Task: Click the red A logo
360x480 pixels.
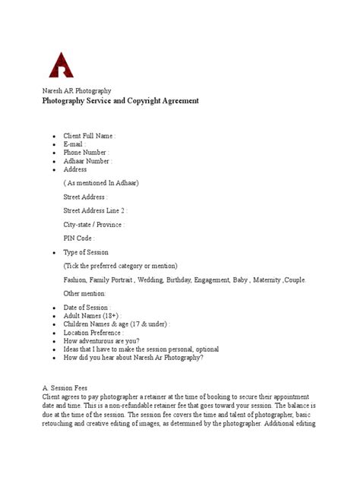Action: tap(62, 65)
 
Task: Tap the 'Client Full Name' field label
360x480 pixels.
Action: tap(90, 135)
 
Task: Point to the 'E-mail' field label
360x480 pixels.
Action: tap(74, 144)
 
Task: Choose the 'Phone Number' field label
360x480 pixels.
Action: tap(86, 153)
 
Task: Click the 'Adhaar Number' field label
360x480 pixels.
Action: tap(87, 161)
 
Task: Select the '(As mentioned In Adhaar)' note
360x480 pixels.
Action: tap(101, 183)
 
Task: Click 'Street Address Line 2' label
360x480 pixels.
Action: tap(95, 210)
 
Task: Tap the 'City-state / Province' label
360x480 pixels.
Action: tap(93, 225)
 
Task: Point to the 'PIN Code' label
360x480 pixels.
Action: tap(79, 238)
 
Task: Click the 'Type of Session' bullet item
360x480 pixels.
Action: tap(86, 252)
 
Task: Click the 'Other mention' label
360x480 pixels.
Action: tap(85, 293)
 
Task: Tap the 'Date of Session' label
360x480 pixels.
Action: tap(87, 307)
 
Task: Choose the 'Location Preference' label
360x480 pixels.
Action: tap(93, 333)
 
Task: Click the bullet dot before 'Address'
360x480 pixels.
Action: tap(53, 170)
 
